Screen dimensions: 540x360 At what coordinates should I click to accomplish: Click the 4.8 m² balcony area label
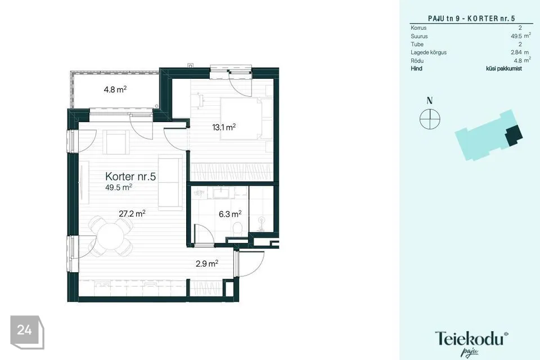coord(115,89)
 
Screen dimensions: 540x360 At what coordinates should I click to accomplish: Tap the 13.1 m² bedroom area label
coord(224,127)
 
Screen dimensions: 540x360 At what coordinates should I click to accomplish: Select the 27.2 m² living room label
coord(132,214)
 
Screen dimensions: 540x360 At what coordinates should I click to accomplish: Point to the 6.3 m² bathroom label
coord(230,214)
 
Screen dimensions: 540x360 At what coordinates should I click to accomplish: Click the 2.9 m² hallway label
coord(207,264)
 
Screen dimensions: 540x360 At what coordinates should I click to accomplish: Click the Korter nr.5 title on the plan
coord(130,177)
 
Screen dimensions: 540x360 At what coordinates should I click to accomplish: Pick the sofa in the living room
coord(170,183)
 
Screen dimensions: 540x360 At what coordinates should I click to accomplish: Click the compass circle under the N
coord(430,119)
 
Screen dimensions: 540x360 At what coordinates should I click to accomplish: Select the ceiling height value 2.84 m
coord(520,52)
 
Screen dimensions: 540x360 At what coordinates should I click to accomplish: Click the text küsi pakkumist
coord(504,69)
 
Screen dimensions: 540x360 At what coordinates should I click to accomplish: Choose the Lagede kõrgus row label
coord(429,52)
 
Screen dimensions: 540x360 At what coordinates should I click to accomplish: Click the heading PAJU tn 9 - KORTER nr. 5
coord(471,19)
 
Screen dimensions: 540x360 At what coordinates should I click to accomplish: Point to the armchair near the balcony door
coord(118,142)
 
